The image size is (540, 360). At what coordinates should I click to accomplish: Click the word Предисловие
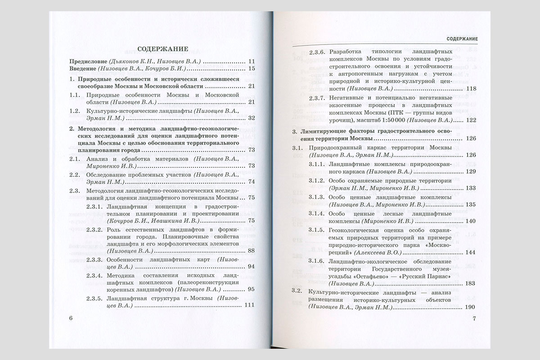click(85, 61)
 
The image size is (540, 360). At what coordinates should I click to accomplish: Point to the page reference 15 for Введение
click(252, 68)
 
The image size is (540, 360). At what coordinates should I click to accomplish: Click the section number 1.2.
click(76, 110)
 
